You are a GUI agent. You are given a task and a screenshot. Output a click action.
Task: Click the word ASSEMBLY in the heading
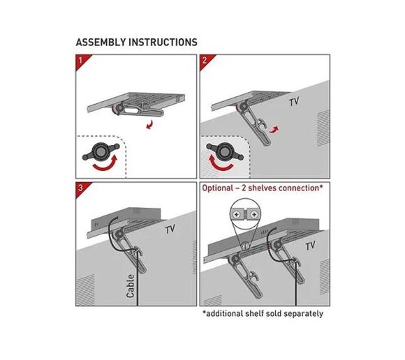(101, 43)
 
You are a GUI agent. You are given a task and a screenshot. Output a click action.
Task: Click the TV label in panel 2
(294, 102)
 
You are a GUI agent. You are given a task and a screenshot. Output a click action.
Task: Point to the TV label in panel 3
(170, 229)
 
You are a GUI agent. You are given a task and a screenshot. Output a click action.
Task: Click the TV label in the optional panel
(310, 246)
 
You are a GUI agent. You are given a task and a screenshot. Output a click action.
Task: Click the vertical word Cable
(131, 285)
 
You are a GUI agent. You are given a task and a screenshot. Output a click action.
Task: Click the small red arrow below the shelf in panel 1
(149, 125)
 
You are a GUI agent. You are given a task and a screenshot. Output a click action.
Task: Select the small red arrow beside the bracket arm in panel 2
(274, 129)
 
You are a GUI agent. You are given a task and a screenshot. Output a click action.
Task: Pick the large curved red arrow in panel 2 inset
(221, 164)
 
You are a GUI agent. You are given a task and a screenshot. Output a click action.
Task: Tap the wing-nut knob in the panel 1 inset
(101, 151)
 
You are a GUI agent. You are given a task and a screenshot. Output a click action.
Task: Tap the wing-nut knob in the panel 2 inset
(225, 151)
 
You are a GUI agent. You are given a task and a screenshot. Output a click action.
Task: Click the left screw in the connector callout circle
(237, 215)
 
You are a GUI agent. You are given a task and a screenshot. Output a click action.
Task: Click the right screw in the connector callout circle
(254, 214)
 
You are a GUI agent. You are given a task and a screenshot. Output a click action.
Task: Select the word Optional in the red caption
(217, 188)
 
